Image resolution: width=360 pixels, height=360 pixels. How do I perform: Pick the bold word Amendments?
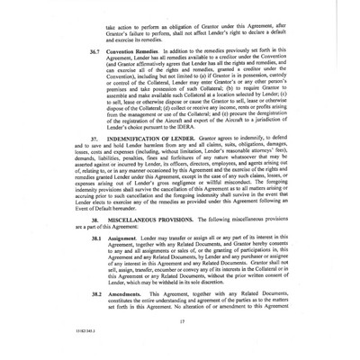click(131, 294)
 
